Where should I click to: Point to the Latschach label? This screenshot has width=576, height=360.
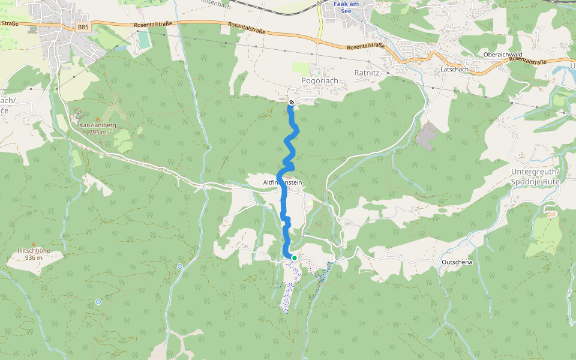(454, 70)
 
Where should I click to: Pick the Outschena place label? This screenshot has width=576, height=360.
(457, 263)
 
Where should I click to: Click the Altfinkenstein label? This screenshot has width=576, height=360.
(282, 182)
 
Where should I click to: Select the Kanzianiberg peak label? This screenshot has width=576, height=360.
(97, 125)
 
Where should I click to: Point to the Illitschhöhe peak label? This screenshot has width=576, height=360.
(34, 251)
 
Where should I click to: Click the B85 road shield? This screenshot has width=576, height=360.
(83, 28)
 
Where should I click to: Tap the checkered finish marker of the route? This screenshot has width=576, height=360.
(291, 103)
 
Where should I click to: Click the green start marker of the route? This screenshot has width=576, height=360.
(294, 257)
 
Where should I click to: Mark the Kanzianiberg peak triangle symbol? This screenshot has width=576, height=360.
(97, 118)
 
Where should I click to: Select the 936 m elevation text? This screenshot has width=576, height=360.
(34, 258)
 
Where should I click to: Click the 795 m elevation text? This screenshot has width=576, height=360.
(97, 132)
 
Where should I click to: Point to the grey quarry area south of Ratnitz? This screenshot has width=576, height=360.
(425, 137)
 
